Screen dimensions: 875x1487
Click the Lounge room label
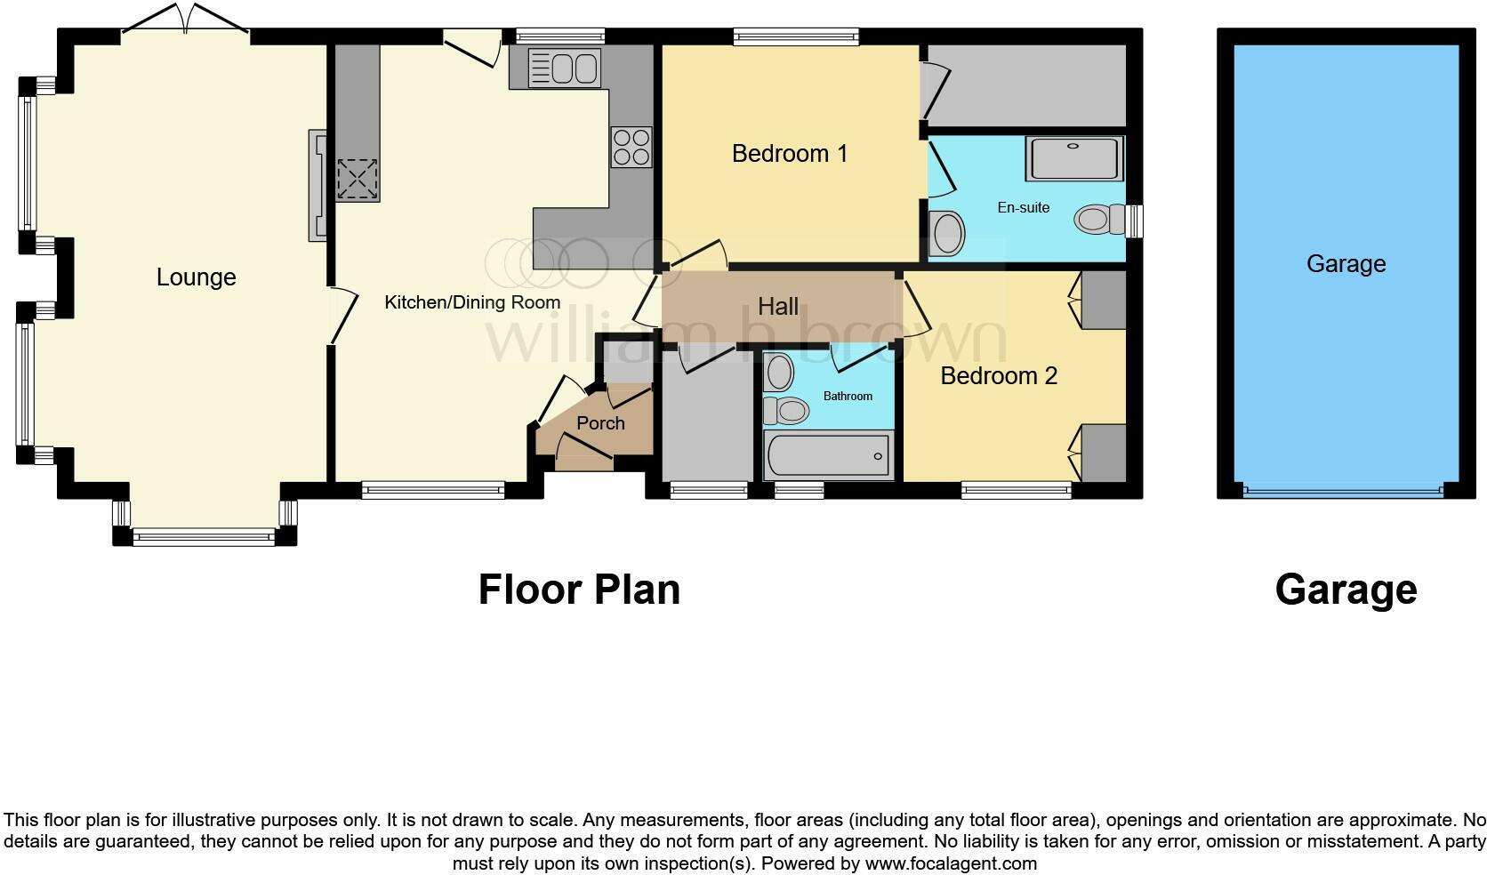pos(196,277)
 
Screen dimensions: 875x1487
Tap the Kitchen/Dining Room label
pos(471,302)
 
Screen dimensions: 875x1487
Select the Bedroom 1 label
pos(789,154)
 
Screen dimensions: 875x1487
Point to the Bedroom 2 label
pos(998,376)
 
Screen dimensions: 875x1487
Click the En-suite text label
pos(1023,208)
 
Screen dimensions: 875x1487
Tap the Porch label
pos(600,423)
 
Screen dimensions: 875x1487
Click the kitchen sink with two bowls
pos(564,68)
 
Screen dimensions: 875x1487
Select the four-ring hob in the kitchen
pos(631,147)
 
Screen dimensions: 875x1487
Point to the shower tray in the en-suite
pos(1073,158)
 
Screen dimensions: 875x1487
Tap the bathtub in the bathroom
pos(828,456)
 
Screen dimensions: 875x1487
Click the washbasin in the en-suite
pos(946,234)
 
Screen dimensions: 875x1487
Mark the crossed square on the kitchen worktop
pos(357,179)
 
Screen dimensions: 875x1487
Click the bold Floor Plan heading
pos(579,590)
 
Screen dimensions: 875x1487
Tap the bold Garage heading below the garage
pos(1345,590)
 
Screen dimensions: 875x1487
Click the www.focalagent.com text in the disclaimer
pos(950,863)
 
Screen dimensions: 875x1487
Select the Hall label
pos(777,307)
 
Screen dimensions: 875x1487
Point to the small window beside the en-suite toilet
pos(1134,221)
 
